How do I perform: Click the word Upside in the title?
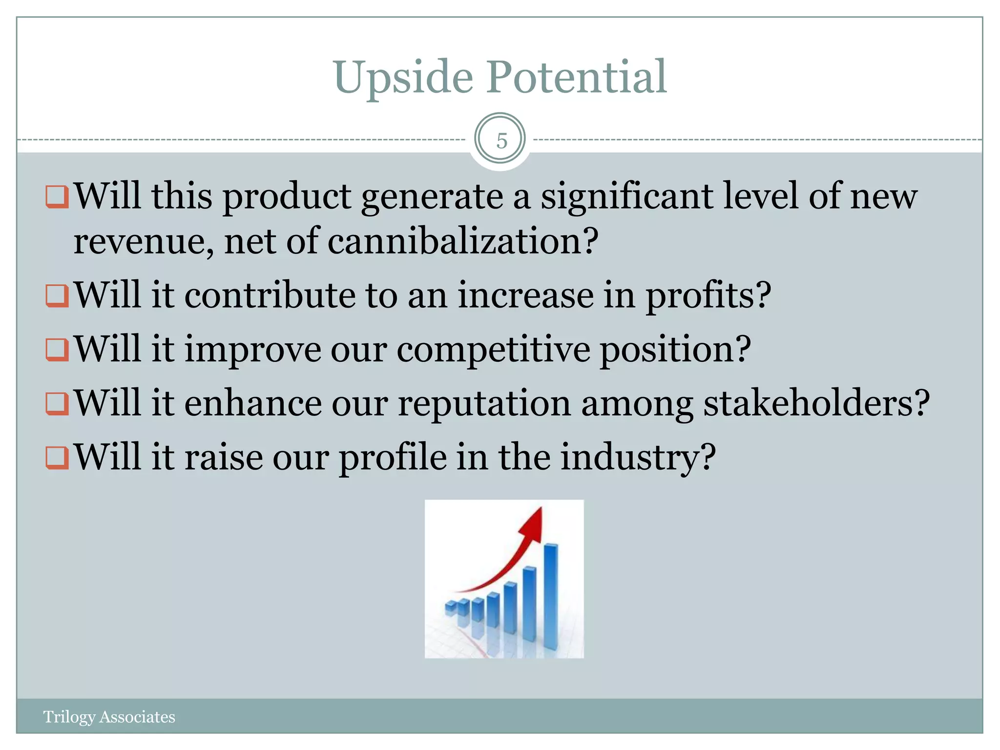pos(403,78)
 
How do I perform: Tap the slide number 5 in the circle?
pos(501,141)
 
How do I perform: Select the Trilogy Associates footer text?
pos(109,717)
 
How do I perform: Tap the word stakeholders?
pos(815,403)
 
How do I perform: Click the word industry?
pos(637,458)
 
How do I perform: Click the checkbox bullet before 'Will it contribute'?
pos(57,296)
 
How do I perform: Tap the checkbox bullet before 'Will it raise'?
pos(57,458)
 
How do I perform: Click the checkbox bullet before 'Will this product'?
pos(57,196)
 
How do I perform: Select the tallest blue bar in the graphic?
pos(551,596)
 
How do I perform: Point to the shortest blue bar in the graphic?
pos(451,608)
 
